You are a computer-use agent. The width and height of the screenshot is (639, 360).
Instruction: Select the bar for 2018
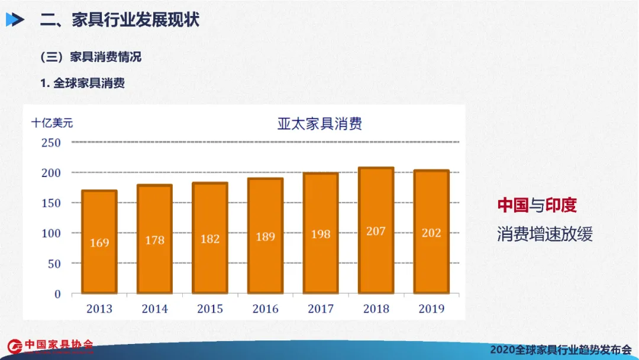[376, 230]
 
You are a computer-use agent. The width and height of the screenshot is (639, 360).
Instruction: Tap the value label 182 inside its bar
[210, 239]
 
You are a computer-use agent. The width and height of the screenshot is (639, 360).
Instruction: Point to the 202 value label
[431, 233]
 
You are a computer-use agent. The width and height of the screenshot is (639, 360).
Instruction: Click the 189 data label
[265, 237]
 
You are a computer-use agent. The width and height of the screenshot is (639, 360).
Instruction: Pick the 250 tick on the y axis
[51, 143]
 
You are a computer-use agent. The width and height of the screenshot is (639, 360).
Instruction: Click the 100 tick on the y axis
[51, 233]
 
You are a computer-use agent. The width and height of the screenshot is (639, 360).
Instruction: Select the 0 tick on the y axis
[57, 294]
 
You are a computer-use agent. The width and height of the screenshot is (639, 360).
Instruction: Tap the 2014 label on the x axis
[154, 308]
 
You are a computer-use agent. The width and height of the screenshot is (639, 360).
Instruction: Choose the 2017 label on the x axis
[321, 308]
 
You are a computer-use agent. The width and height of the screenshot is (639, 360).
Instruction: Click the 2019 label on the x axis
[431, 308]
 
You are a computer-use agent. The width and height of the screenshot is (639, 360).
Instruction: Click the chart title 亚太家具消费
[319, 124]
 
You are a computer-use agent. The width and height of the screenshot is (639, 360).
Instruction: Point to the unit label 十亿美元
[52, 123]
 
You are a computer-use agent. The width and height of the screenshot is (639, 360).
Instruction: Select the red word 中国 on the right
[512, 205]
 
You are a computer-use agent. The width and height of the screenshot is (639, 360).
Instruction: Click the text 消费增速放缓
[544, 234]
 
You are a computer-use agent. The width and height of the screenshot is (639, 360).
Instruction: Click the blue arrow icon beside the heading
[15, 20]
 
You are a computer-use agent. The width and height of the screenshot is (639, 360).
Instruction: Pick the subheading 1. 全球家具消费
[82, 83]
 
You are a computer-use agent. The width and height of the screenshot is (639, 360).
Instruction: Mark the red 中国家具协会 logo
[50, 345]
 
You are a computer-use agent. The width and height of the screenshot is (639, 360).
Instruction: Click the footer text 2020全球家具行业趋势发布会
[560, 349]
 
